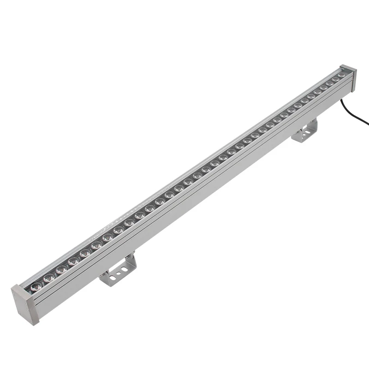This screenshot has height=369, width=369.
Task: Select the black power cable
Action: (357, 115)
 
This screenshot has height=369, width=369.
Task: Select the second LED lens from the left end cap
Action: (48, 277)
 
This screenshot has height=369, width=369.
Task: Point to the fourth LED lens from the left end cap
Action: (73, 262)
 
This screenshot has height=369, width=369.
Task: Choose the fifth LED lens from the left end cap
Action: (85, 253)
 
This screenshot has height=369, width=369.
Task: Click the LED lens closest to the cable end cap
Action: (342, 74)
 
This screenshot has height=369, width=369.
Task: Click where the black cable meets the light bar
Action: (344, 100)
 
